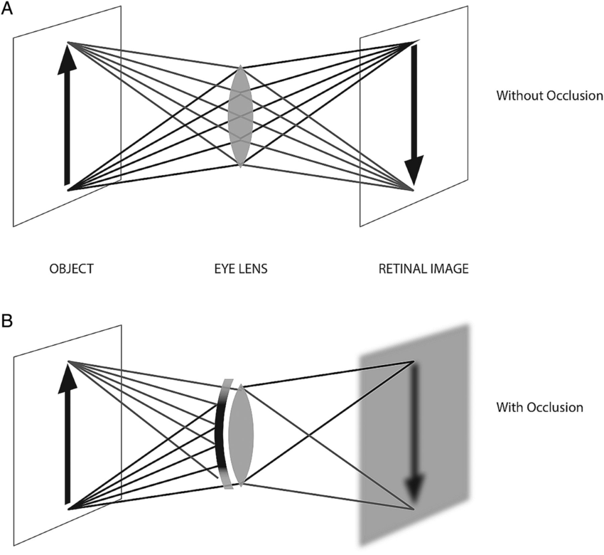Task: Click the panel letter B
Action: tap(8, 321)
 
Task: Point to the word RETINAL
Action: tap(403, 269)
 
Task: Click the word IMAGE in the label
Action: tap(450, 269)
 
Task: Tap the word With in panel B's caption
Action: tap(510, 408)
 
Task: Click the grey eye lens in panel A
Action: tap(241, 116)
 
